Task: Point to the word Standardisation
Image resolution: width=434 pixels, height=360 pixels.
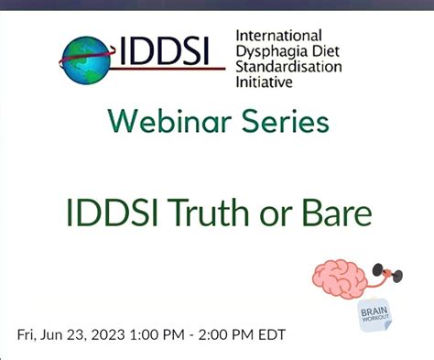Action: (288, 67)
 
